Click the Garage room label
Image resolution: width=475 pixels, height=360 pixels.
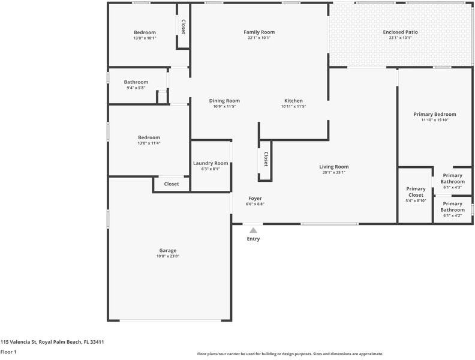point(168,251)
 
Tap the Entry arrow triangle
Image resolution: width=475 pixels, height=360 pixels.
point(254,230)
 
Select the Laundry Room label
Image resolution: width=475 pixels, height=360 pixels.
point(211,163)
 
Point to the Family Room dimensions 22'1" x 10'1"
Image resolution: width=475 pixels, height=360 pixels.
point(258,38)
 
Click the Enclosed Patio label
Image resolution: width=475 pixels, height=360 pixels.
point(400,32)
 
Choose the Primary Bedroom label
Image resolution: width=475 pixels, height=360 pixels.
point(435,114)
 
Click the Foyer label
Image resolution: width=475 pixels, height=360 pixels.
point(255,198)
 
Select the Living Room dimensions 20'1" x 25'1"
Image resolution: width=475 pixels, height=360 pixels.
point(334,173)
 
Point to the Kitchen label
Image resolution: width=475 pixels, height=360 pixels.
point(293,101)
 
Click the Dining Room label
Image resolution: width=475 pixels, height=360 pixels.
point(224,101)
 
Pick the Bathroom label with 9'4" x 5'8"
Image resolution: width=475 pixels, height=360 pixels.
point(136,82)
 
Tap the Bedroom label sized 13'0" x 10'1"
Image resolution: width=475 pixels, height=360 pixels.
point(145,32)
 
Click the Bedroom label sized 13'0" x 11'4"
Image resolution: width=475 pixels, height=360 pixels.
point(149,137)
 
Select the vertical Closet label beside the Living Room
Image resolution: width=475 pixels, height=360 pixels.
point(266,159)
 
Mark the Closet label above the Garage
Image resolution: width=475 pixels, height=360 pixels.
point(172,184)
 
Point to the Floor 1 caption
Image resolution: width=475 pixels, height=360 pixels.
point(8,352)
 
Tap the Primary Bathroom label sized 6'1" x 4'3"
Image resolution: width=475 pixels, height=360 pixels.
point(453,178)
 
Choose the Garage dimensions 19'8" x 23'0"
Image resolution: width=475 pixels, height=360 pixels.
point(168,257)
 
